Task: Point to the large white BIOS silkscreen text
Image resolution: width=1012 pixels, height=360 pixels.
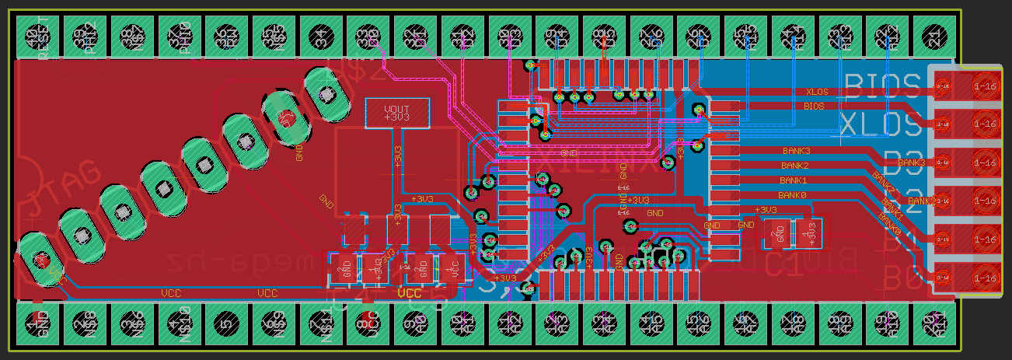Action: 882,82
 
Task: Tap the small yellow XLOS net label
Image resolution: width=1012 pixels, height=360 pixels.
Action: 817,92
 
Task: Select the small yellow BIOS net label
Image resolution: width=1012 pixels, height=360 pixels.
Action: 814,105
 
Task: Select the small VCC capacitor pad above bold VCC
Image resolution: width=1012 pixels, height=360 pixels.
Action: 452,269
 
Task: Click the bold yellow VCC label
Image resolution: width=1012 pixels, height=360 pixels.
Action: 409,294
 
